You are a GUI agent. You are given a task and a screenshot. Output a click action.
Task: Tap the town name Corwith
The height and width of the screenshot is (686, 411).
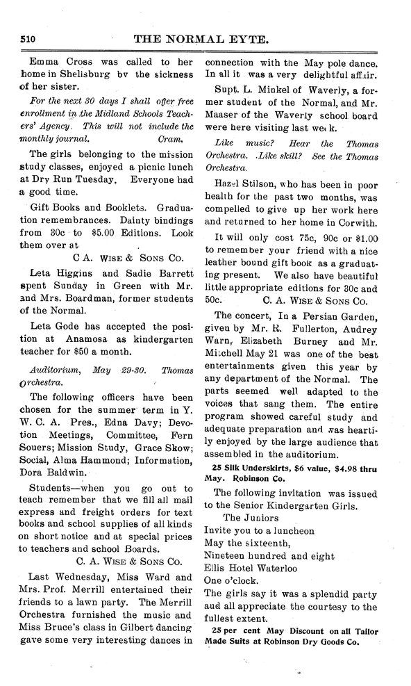353,222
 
